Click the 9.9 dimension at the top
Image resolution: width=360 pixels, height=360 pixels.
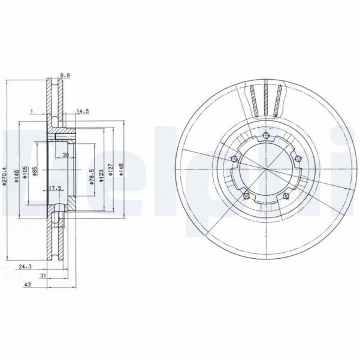tap(65, 75)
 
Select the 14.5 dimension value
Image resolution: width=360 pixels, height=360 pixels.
tap(83, 111)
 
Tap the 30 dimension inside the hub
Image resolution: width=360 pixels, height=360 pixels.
tap(65, 155)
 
